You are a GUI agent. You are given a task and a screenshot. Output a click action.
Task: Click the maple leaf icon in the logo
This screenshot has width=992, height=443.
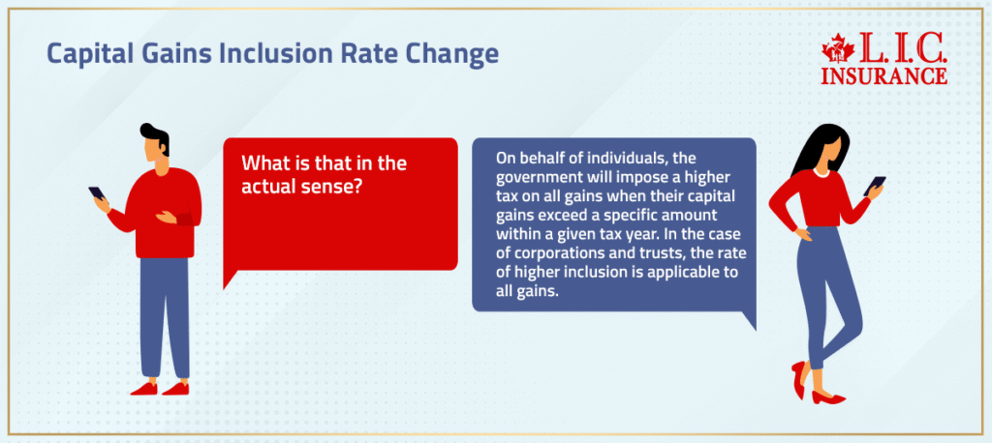[834, 48]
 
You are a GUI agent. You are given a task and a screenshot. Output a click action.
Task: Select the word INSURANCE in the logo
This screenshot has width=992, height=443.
[884, 74]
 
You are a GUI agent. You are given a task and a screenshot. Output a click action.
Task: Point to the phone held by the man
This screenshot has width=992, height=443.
[96, 193]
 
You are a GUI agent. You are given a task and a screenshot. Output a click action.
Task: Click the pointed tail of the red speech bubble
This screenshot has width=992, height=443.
[229, 281]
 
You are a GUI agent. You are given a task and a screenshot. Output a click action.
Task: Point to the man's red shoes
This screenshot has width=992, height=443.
[160, 388]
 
